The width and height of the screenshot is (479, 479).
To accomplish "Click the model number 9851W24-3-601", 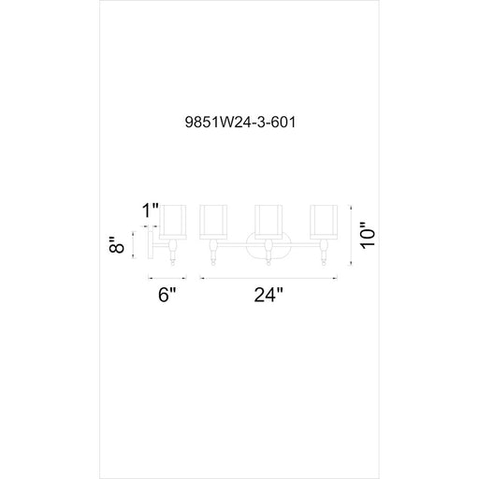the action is coord(240,122).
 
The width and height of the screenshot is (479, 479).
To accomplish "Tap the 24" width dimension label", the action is coord(269,295).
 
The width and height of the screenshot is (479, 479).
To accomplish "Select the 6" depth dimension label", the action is coord(167,295).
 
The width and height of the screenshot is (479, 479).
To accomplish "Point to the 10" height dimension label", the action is coord(368,236).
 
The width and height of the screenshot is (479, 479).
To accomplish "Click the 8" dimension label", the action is coord(116,245).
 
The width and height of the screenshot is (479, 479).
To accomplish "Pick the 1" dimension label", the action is coord(151,210).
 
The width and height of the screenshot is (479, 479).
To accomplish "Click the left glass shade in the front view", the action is coord(213,222).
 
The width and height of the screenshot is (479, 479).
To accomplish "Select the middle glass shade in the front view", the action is coord(269,222).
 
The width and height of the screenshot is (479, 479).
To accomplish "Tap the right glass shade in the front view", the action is coord(324,222).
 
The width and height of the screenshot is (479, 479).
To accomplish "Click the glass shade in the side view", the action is coord(173,222).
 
